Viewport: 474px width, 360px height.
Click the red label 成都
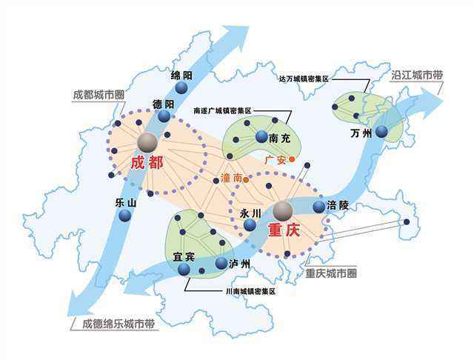(145, 162)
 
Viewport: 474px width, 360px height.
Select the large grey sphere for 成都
(147, 141)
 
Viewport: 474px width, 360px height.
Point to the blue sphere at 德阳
(164, 116)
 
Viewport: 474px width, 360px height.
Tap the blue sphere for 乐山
(124, 215)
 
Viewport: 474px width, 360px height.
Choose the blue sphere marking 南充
(261, 136)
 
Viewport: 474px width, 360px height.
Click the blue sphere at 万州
(381, 132)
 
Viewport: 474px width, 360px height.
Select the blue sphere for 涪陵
(318, 207)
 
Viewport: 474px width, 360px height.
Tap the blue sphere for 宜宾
(184, 270)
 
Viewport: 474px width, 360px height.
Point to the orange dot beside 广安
(292, 159)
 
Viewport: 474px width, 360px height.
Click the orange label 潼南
(231, 179)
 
